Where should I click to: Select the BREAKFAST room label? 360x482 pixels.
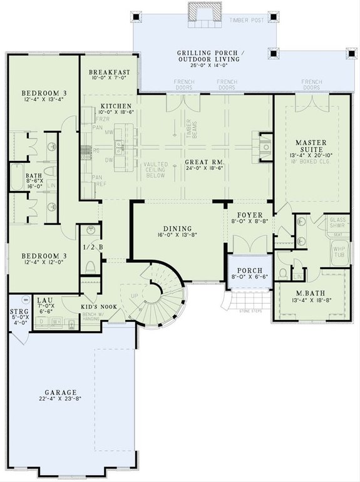point(110,72)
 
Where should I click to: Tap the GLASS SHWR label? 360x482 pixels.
point(337,223)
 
